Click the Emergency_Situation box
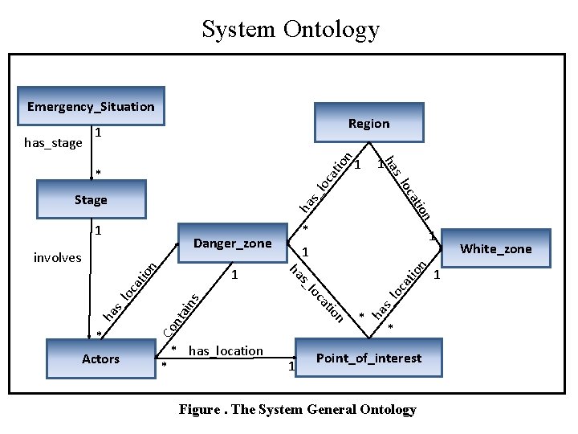pyautogui.click(x=91, y=106)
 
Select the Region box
pyautogui.click(x=368, y=123)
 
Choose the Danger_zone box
pyautogui.click(x=233, y=244)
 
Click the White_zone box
pyautogui.click(x=495, y=248)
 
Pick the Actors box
pyautogui.click(x=100, y=358)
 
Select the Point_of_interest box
pyautogui.click(x=368, y=358)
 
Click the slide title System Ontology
pyautogui.click(x=290, y=30)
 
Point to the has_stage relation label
pyautogui.click(x=53, y=143)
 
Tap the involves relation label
pyautogui.click(x=57, y=257)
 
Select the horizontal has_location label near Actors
pyautogui.click(x=226, y=350)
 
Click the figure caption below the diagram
pyautogui.click(x=297, y=410)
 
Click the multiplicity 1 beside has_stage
pyautogui.click(x=97, y=133)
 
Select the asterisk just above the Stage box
pyautogui.click(x=98, y=173)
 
